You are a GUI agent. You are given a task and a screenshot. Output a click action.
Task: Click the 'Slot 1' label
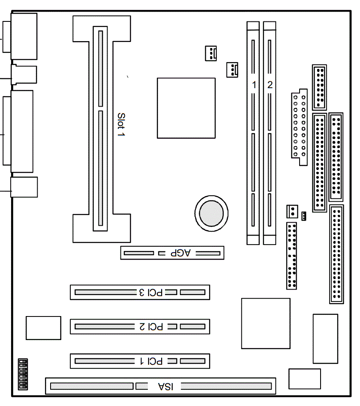(x=121, y=125)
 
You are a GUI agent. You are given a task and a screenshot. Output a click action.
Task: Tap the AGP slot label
(x=180, y=253)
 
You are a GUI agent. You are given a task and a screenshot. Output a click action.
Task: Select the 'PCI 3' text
(x=150, y=293)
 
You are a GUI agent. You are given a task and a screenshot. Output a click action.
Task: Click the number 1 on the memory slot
(x=254, y=85)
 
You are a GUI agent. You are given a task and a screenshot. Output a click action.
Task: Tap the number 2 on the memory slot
(x=270, y=85)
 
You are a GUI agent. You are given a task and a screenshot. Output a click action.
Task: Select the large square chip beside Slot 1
(x=186, y=108)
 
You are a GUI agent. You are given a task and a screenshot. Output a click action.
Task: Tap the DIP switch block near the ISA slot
(x=23, y=374)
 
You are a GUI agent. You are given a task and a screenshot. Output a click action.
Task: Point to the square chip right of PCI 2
(x=266, y=323)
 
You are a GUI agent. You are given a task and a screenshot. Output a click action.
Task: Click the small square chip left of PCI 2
(x=43, y=328)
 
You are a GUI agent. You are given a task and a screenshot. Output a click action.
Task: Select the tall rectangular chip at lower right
(x=325, y=338)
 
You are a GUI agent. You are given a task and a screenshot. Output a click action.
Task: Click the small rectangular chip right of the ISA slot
(x=305, y=379)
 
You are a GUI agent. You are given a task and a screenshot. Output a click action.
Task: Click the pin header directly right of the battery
(x=292, y=256)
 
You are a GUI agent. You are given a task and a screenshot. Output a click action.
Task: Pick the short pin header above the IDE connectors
(x=319, y=87)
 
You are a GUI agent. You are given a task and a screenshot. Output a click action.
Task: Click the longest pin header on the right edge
(x=336, y=254)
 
